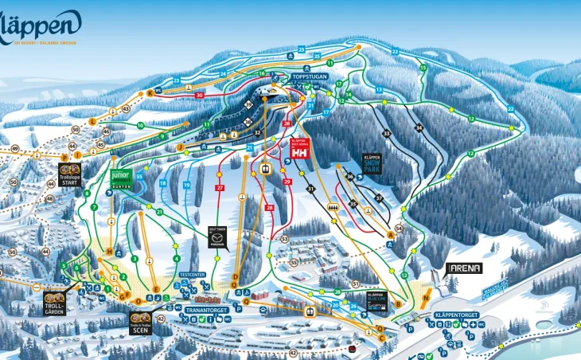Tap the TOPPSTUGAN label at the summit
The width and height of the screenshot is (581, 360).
(309, 76)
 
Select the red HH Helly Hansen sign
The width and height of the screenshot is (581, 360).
(299, 150)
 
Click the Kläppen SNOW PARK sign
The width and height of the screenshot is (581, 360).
(372, 163)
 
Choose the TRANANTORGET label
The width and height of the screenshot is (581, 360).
(207, 309)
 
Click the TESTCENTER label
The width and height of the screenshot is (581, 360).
(193, 274)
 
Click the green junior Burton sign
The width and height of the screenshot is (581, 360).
(120, 178)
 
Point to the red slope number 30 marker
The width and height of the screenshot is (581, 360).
(199, 96)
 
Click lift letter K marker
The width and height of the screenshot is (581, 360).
(150, 92)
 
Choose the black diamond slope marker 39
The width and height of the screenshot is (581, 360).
(248, 104)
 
